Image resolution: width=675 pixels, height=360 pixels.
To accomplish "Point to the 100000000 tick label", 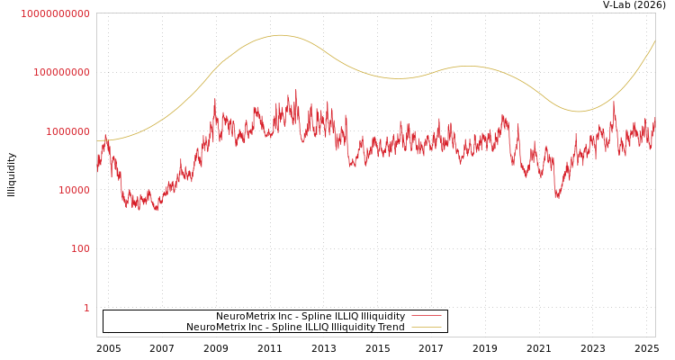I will pyautogui.click(x=61, y=72).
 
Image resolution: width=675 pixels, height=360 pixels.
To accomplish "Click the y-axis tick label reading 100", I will pyautogui.click(x=80, y=248).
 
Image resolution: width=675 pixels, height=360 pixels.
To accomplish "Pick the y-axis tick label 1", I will pyautogui.click(x=86, y=308).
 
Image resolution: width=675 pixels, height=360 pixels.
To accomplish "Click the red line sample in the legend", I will pyautogui.click(x=427, y=317).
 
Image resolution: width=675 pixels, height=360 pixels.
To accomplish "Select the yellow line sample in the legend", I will pyautogui.click(x=427, y=328).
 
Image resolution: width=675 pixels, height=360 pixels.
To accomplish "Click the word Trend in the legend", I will pyautogui.click(x=391, y=328).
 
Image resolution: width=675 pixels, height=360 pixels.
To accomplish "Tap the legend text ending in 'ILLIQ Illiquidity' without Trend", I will pyautogui.click(x=310, y=317).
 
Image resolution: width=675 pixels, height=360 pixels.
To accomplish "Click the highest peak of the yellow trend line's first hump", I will pyautogui.click(x=280, y=35).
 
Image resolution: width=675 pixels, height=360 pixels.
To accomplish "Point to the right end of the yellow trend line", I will pyautogui.click(x=654, y=41).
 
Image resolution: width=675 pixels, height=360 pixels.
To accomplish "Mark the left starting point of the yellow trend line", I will pyautogui.click(x=97, y=140).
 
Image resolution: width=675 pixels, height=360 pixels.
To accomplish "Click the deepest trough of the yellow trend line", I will pyautogui.click(x=578, y=112).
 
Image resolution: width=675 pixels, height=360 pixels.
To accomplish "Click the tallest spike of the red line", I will pyautogui.click(x=296, y=89).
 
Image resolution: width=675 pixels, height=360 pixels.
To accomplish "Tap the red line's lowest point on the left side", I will pyautogui.click(x=157, y=210).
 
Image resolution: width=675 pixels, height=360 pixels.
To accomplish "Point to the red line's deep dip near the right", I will pyautogui.click(x=557, y=197).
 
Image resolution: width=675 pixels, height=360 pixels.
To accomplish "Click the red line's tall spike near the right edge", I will pyautogui.click(x=615, y=101).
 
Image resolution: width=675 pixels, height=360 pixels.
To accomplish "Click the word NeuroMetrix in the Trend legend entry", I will pyautogui.click(x=217, y=328).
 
